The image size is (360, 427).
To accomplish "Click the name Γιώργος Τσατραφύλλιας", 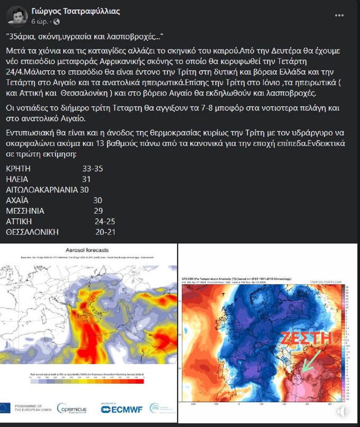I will tap(76, 11).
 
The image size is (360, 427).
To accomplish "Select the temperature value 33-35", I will tap(93, 169).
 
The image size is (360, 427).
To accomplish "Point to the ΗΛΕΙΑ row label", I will tap(17, 179).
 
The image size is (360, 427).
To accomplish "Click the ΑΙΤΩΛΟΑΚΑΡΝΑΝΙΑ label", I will tap(42, 190).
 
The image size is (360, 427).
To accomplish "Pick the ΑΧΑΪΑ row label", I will tap(17, 200).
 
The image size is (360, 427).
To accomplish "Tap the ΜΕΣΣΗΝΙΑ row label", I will tap(25, 211).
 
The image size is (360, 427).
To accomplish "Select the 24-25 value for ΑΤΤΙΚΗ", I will tap(105, 221).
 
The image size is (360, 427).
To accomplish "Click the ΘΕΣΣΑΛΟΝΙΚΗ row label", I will tap(32, 232).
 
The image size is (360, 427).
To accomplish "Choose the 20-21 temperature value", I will tap(105, 232).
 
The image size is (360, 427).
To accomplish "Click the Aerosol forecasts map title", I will tap(87, 250).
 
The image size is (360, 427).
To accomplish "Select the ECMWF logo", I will tap(121, 409).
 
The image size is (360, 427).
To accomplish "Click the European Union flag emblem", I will tap(5, 408).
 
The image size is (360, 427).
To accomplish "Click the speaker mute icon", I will tap(342, 412).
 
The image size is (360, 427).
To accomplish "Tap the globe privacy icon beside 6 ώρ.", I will tap(56, 21).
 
